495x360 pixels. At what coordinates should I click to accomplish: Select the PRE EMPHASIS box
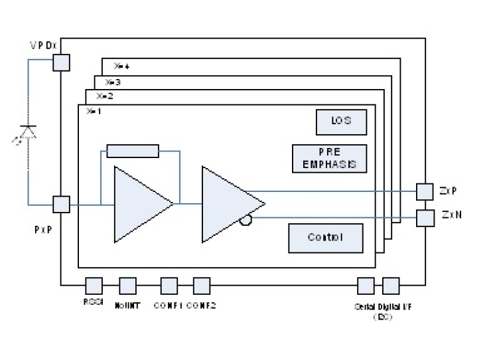point(330,158)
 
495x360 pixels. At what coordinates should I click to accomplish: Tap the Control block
point(326,238)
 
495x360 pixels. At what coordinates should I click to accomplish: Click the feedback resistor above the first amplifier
point(133,151)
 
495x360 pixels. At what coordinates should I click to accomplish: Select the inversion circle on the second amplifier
point(246,220)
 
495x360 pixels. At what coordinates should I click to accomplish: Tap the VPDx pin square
point(61,62)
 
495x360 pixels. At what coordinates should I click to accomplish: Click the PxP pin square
point(61,204)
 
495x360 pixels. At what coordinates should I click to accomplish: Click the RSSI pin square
point(94,286)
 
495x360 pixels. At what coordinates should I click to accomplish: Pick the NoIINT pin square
point(127,286)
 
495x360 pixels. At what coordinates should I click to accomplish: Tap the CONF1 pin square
point(169,286)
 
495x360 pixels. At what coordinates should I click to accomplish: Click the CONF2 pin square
point(202,286)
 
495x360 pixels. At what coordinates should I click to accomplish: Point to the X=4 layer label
point(121,66)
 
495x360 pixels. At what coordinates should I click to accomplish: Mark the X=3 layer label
point(113,82)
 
